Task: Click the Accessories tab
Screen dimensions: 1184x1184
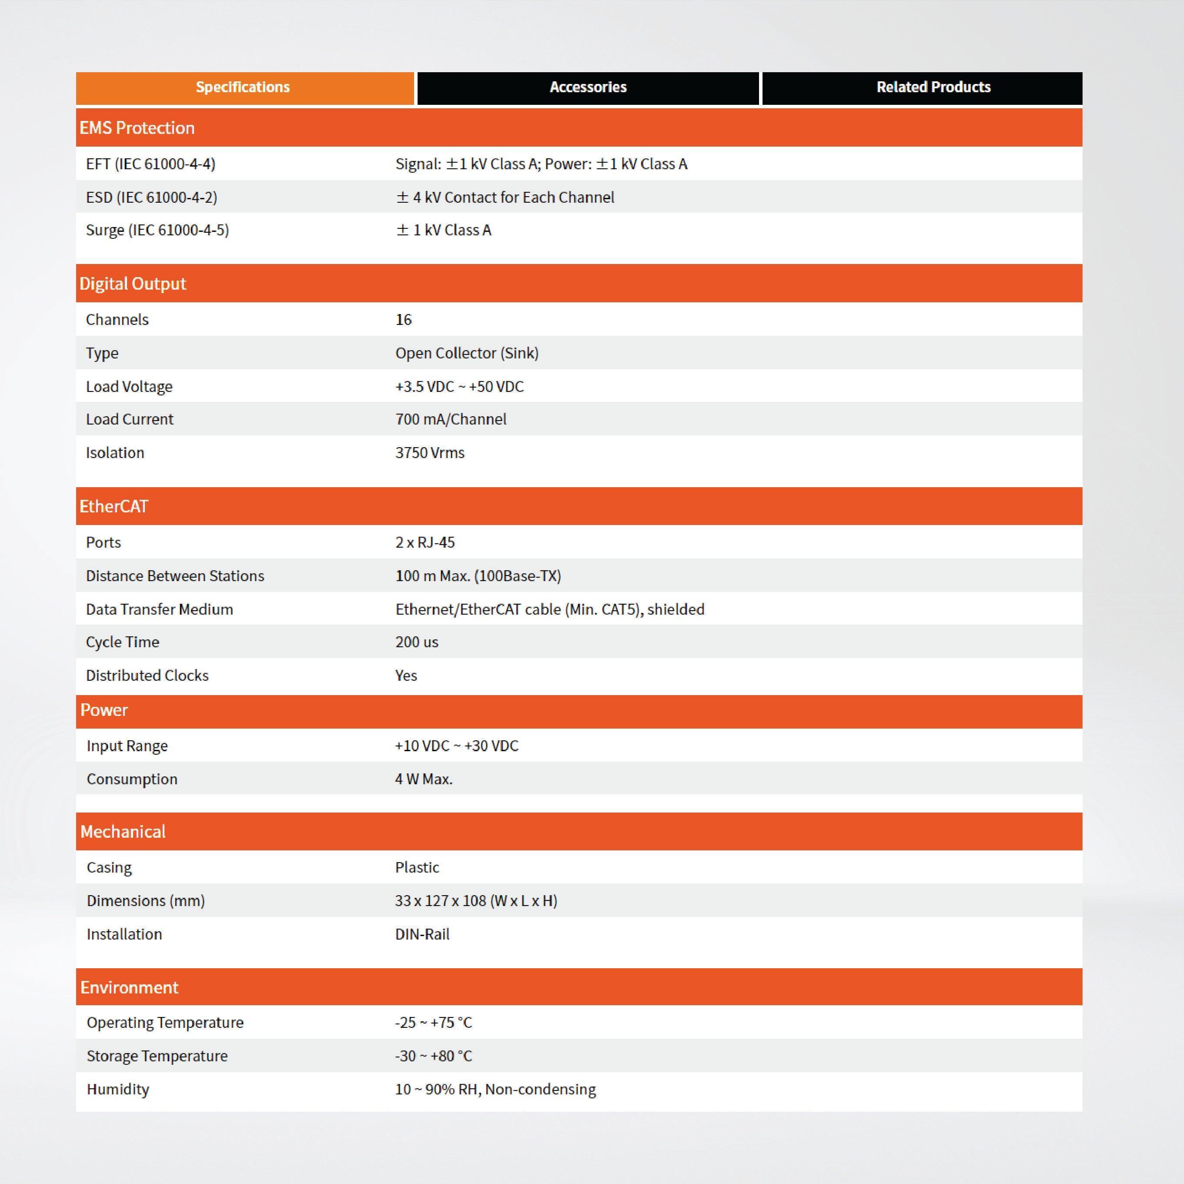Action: pyautogui.click(x=588, y=87)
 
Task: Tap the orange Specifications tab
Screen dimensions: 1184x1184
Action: pyautogui.click(x=243, y=87)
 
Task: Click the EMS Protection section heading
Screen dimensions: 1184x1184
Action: pyautogui.click(x=137, y=128)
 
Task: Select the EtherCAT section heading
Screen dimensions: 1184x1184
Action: pyautogui.click(x=114, y=507)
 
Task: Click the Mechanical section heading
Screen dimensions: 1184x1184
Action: pyautogui.click(x=123, y=832)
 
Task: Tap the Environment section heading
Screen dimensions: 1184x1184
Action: pyautogui.click(x=129, y=987)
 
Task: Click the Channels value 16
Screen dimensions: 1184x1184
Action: pyautogui.click(x=404, y=320)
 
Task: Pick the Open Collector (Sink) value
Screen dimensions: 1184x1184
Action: pyautogui.click(x=467, y=354)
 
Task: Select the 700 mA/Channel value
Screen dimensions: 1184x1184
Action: pyautogui.click(x=451, y=420)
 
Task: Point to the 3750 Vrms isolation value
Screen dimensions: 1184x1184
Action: pyautogui.click(x=430, y=453)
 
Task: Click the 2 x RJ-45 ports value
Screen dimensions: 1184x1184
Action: pyautogui.click(x=425, y=543)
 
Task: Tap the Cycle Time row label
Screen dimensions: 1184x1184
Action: pyautogui.click(x=123, y=642)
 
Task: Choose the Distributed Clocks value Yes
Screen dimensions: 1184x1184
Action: pyautogui.click(x=406, y=676)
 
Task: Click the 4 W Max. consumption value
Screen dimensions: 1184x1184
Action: pyautogui.click(x=424, y=779)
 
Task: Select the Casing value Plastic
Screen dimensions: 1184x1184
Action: pyautogui.click(x=417, y=868)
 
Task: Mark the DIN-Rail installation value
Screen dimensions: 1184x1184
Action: pyautogui.click(x=423, y=935)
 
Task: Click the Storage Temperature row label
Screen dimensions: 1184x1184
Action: pyautogui.click(x=157, y=1056)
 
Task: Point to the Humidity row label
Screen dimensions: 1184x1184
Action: pyautogui.click(x=118, y=1089)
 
